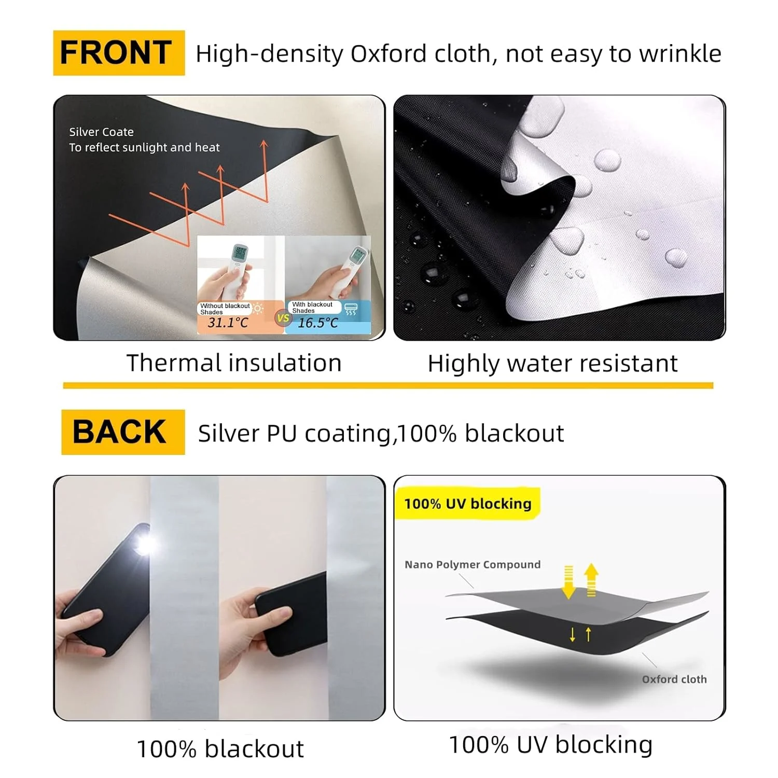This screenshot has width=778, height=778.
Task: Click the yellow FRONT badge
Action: [x=119, y=53]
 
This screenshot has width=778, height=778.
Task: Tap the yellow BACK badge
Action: [x=123, y=432]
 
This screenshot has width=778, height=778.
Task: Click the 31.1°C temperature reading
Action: [x=228, y=323]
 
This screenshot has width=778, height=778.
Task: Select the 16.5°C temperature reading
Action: [x=317, y=323]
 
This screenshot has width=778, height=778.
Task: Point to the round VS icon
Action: [x=283, y=318]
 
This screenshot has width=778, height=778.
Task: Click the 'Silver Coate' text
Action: [x=102, y=132]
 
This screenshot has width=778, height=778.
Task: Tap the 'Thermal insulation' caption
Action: [x=234, y=363]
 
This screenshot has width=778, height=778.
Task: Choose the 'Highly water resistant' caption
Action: [x=552, y=364]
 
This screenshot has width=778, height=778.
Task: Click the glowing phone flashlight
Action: [x=145, y=545]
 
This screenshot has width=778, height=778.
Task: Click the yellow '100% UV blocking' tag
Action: [x=467, y=504]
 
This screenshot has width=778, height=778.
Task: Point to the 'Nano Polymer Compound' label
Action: [x=473, y=564]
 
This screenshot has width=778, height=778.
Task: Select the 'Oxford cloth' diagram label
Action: [x=674, y=679]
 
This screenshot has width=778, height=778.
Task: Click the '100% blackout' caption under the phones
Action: [x=220, y=749]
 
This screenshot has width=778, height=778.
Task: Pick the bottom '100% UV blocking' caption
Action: [x=550, y=745]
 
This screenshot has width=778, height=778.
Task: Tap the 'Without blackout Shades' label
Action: [x=225, y=309]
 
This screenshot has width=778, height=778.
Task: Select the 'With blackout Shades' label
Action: [x=312, y=308]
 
